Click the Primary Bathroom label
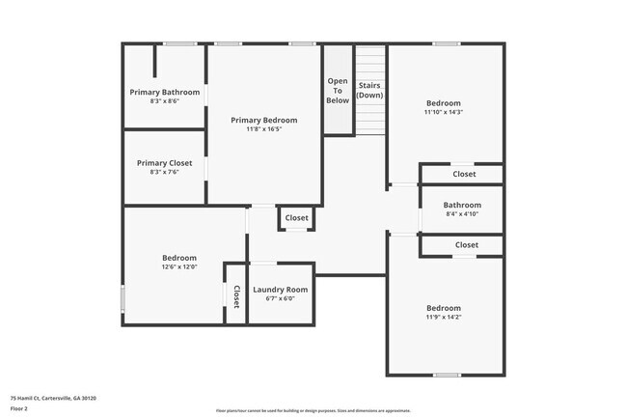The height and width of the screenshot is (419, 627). point(165,92)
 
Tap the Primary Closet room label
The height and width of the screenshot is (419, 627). point(165,163)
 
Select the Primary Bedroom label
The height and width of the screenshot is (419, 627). point(263,120)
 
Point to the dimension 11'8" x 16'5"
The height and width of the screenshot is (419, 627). point(263,129)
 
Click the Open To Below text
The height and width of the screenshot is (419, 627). point(338,91)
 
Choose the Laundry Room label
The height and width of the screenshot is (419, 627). point(280,290)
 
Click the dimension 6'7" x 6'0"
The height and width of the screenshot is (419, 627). point(280,298)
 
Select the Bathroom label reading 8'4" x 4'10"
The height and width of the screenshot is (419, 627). point(462,205)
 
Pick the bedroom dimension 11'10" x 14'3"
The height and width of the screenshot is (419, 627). point(444,112)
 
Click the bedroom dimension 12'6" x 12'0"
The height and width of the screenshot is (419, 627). point(179,266)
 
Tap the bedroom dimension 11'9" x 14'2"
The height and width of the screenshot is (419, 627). point(444,317)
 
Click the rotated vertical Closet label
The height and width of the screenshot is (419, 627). point(235,295)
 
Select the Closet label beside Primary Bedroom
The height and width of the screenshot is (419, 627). point(297,218)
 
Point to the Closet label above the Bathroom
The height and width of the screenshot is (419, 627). point(464,175)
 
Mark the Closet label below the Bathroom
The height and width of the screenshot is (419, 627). point(466,245)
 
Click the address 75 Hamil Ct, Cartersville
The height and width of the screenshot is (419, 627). point(53,398)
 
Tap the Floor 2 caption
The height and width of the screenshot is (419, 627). point(20,409)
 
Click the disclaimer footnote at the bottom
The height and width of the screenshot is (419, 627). point(313,410)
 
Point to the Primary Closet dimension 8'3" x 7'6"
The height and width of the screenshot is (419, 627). point(165,173)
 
